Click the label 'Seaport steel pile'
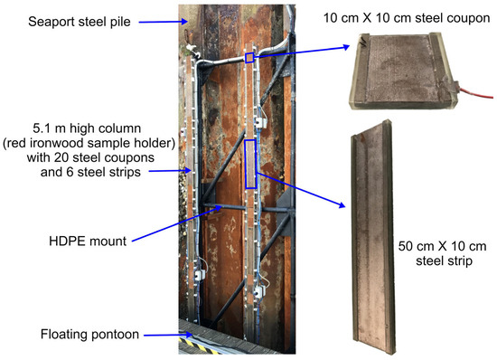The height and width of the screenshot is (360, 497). (x=80, y=22)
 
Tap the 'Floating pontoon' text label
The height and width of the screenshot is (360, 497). (x=89, y=335)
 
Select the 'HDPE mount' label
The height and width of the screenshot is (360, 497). (x=88, y=242)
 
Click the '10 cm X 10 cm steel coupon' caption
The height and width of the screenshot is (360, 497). (x=407, y=18)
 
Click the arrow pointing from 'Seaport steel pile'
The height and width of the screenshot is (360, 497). (x=164, y=22)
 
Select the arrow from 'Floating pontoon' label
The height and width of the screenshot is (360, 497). (x=168, y=335)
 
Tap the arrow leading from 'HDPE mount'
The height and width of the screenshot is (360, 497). (x=176, y=223)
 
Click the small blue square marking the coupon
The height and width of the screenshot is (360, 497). (x=249, y=58)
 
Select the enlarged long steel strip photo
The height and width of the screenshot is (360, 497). (x=372, y=237)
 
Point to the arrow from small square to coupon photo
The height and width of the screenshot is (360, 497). (x=302, y=52)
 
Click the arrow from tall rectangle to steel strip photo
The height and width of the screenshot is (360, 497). (x=301, y=190)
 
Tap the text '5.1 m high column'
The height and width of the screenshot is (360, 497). (x=87, y=128)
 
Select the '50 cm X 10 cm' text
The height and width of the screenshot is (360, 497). (x=442, y=246)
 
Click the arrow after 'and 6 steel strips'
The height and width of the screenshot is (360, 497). (x=171, y=171)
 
